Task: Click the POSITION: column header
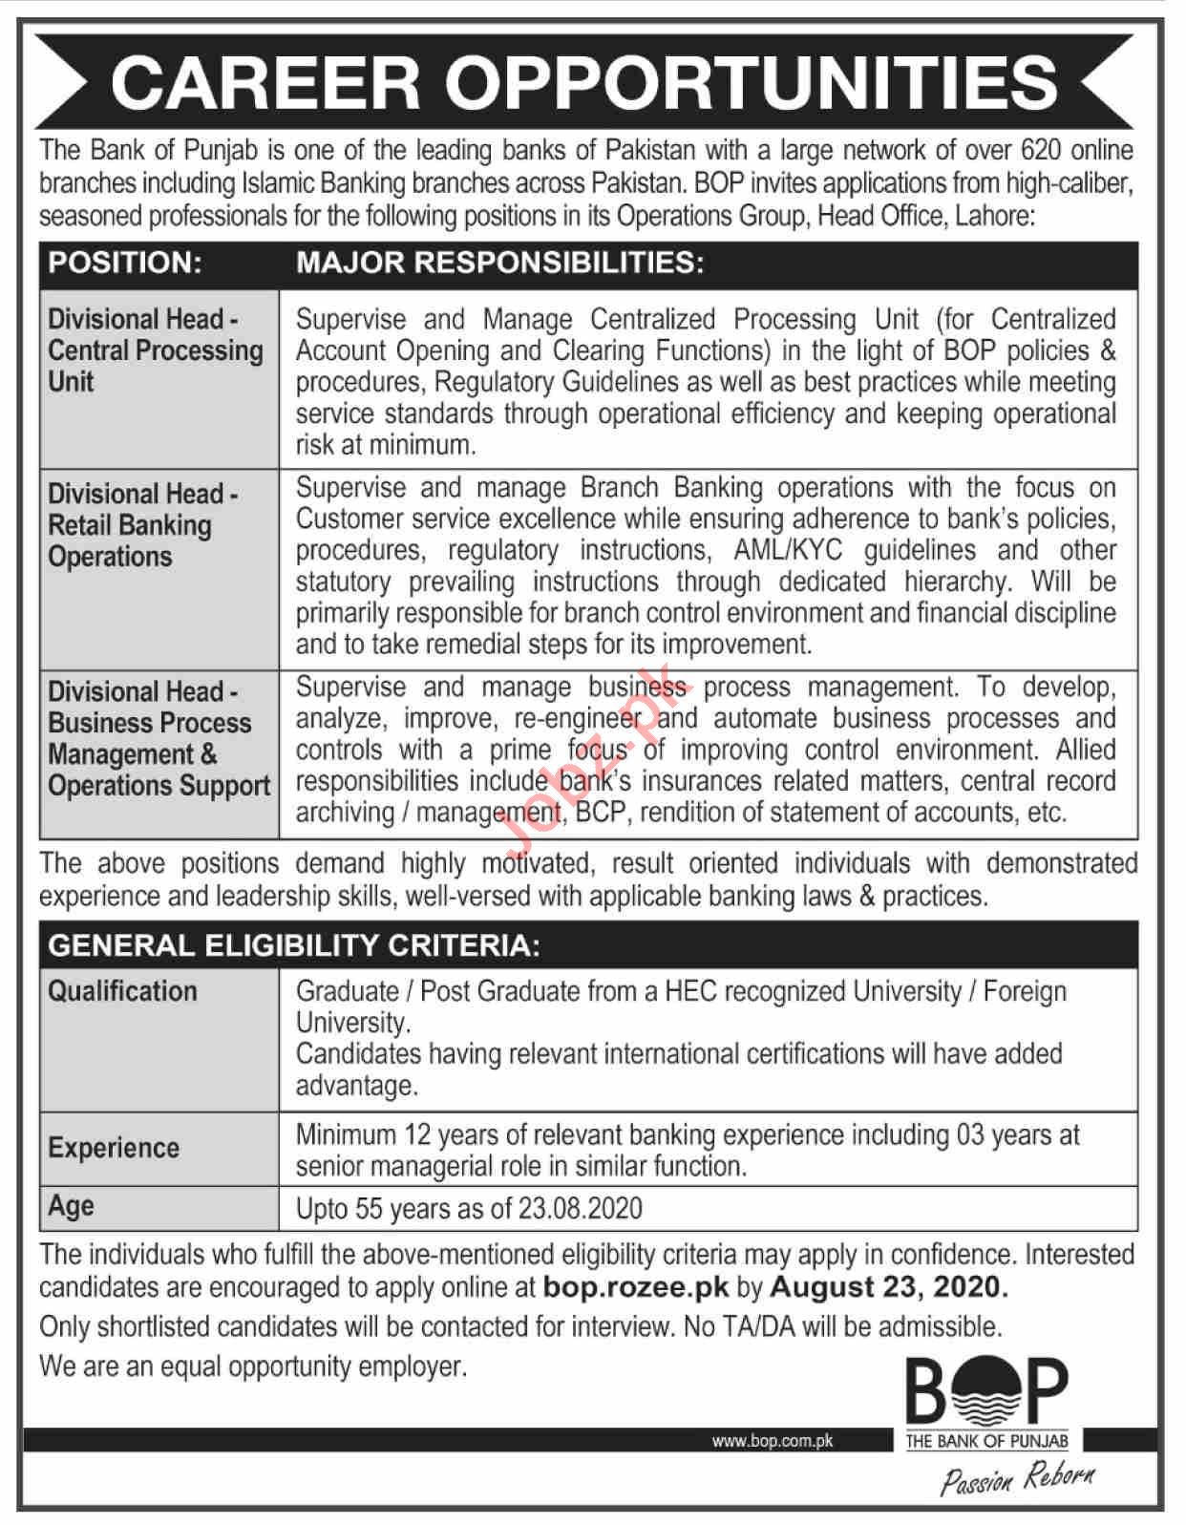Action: pyautogui.click(x=125, y=264)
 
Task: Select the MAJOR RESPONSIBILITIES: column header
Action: pyautogui.click(x=499, y=264)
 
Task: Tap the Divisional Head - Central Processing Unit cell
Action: pyautogui.click(x=156, y=350)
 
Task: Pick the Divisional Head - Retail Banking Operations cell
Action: pyautogui.click(x=143, y=525)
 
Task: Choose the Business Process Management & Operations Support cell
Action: pyautogui.click(x=159, y=738)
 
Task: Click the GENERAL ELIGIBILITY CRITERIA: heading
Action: pyautogui.click(x=294, y=945)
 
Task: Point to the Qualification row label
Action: pyautogui.click(x=122, y=991)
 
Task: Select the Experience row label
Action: pyautogui.click(x=114, y=1148)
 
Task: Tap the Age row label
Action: pyautogui.click(x=71, y=1206)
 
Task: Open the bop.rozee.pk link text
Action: pyautogui.click(x=635, y=1287)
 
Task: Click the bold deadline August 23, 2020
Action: pyautogui.click(x=887, y=1287)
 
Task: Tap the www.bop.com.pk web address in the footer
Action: pyautogui.click(x=772, y=1441)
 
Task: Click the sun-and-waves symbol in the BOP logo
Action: pyautogui.click(x=986, y=1392)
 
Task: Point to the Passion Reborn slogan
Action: pyautogui.click(x=1017, y=1480)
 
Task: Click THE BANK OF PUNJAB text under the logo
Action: pyautogui.click(x=986, y=1442)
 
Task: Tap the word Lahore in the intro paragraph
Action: pyautogui.click(x=992, y=216)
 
